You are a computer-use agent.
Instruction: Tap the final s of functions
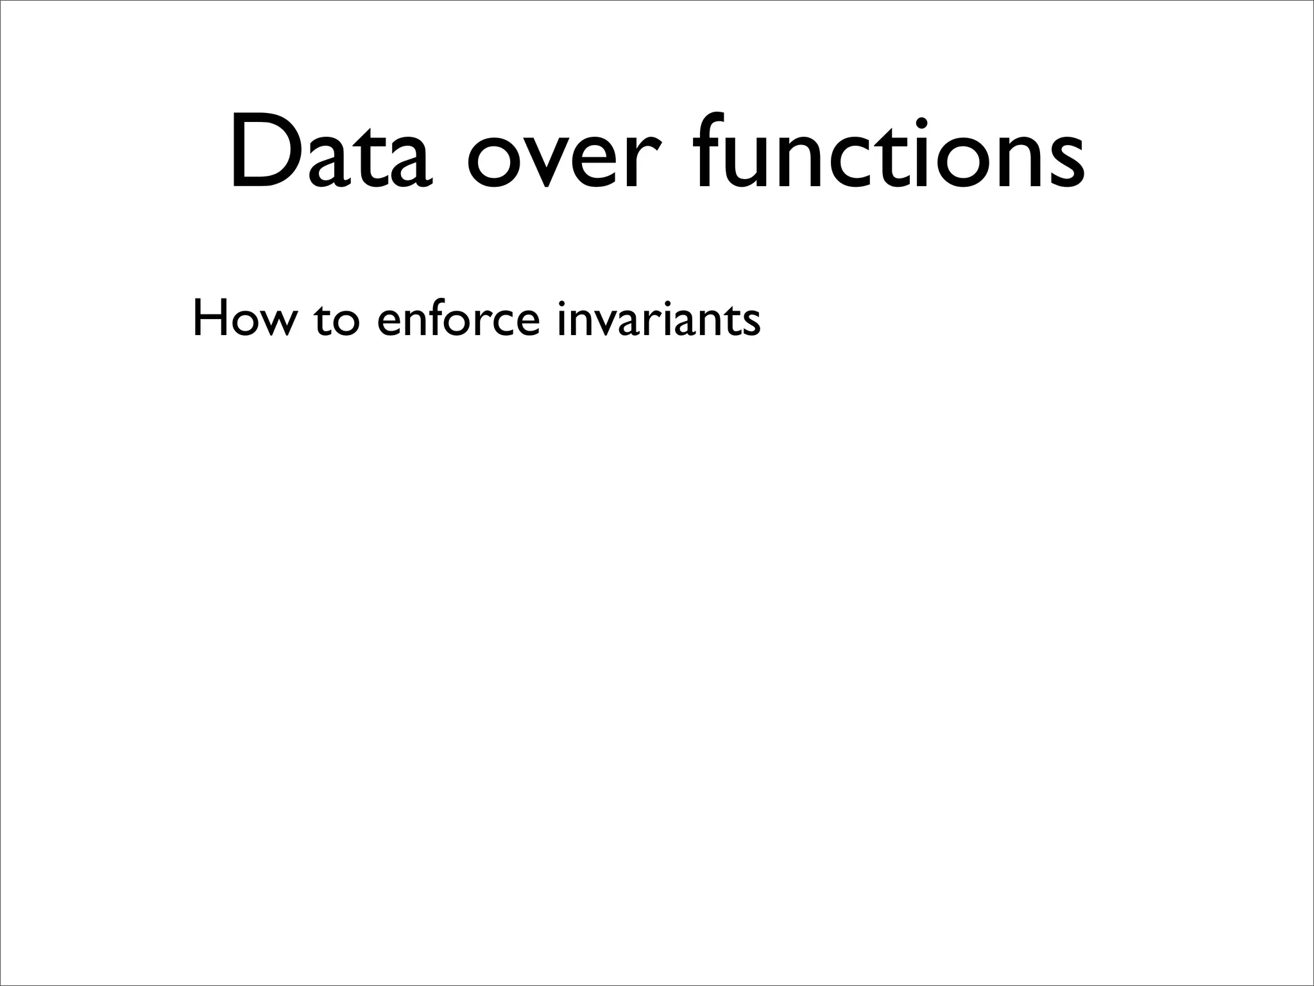coord(1063,164)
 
